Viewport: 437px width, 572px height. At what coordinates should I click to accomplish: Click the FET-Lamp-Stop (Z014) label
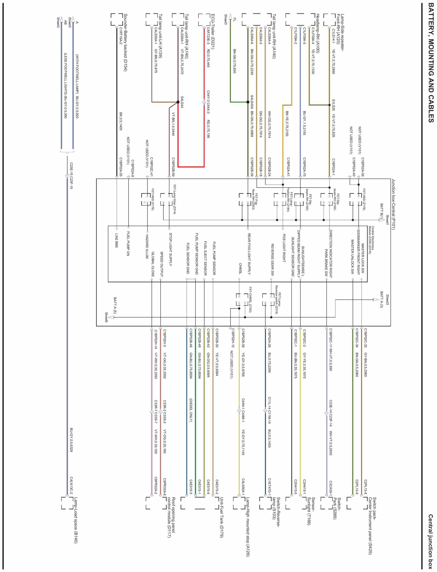tap(175, 199)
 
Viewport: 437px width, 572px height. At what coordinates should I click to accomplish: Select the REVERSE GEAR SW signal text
tap(272, 260)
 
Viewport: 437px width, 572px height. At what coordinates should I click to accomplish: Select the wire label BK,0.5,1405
tap(121, 121)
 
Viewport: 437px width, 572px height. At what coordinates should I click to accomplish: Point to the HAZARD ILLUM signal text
tap(147, 247)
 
